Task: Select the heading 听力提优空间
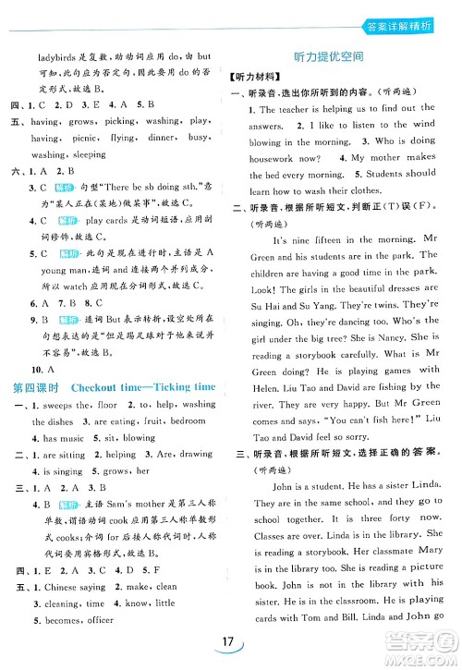pos(334,57)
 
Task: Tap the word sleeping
pos(90,154)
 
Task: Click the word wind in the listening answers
pos(424,125)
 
